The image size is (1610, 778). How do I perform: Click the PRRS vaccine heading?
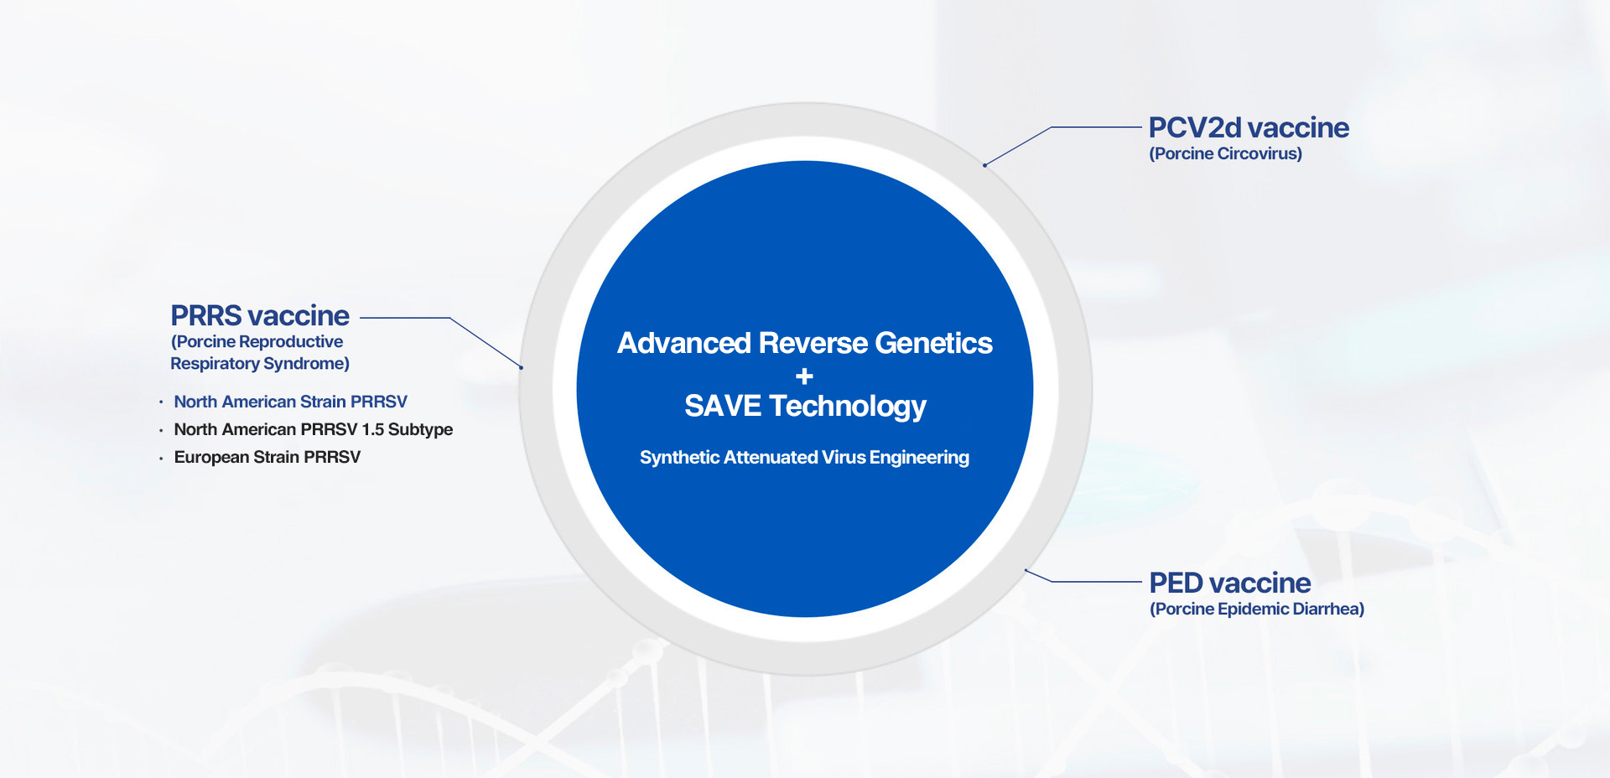[x=260, y=316]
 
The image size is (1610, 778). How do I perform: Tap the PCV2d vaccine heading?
[x=1249, y=127]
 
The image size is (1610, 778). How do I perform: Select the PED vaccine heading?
[x=1230, y=583]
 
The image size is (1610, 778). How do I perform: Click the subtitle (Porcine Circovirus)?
[x=1226, y=153]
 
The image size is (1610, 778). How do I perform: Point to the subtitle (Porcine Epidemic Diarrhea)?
[x=1257, y=609]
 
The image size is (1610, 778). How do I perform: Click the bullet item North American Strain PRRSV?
[x=291, y=402]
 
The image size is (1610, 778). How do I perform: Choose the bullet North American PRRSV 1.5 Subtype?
[x=314, y=429]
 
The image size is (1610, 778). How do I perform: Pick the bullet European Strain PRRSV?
[x=267, y=457]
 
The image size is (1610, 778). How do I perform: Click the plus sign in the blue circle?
[x=804, y=376]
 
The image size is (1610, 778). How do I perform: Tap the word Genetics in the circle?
[x=933, y=343]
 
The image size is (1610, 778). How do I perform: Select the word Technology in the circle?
[x=848, y=407]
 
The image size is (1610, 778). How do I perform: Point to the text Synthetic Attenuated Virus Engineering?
[x=804, y=457]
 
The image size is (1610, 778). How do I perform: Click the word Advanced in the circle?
[x=684, y=343]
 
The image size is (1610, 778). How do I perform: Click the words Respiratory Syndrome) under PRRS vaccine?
[x=260, y=363]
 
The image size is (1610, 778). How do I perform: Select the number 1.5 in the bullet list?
[x=373, y=429]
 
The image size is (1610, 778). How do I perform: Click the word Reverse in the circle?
[x=813, y=343]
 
